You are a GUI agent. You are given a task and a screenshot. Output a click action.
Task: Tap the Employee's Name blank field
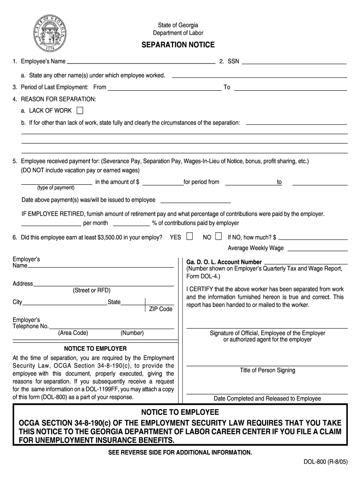click(x=140, y=61)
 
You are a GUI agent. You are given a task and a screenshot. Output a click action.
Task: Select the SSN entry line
click(x=294, y=61)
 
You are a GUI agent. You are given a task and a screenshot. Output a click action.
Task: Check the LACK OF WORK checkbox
click(x=80, y=111)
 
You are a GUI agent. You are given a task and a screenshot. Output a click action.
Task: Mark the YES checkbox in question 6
click(x=189, y=237)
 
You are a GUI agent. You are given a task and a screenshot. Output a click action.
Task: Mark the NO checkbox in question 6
click(x=218, y=237)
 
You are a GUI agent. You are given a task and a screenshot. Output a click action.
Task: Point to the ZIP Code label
click(x=161, y=309)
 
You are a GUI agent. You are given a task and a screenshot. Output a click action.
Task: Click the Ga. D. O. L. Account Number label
click(x=224, y=262)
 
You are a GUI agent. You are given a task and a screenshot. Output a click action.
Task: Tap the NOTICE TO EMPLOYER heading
click(x=95, y=348)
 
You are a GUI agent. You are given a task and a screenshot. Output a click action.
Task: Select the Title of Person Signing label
click(x=267, y=370)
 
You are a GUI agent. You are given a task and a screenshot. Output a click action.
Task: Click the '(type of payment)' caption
click(x=56, y=188)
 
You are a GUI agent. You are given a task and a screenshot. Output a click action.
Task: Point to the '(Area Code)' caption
click(x=73, y=333)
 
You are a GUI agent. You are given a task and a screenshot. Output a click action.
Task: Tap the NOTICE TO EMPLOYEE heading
click(x=180, y=412)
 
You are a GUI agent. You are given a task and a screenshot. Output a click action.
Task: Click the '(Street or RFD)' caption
click(x=92, y=290)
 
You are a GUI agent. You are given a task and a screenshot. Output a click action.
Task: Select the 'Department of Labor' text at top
click(x=178, y=33)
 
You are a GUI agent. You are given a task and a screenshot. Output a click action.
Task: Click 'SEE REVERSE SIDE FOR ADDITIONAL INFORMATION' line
click(x=180, y=453)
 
